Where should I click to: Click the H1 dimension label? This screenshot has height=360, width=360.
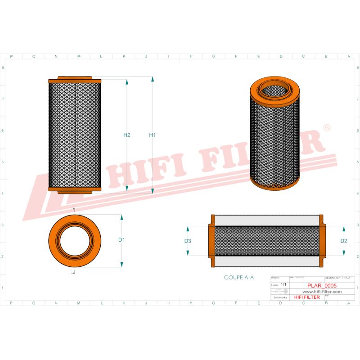[152, 135]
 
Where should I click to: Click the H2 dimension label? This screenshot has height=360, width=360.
[126, 135]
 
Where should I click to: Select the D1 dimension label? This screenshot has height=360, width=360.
[121, 240]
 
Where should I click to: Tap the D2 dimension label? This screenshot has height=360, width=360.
[344, 241]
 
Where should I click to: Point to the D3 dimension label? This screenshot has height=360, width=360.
[188, 241]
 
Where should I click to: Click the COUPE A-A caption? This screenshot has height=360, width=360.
[239, 278]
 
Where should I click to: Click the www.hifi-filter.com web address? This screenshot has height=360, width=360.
[319, 291]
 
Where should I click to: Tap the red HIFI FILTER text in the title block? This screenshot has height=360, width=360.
[306, 297]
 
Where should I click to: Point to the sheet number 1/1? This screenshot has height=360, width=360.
[283, 285]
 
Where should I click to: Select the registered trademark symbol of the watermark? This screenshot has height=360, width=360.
[328, 128]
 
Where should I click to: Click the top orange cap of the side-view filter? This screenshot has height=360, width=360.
[75, 79]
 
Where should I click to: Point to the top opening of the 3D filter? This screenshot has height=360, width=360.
[274, 89]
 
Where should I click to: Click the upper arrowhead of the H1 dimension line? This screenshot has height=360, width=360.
[153, 80]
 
